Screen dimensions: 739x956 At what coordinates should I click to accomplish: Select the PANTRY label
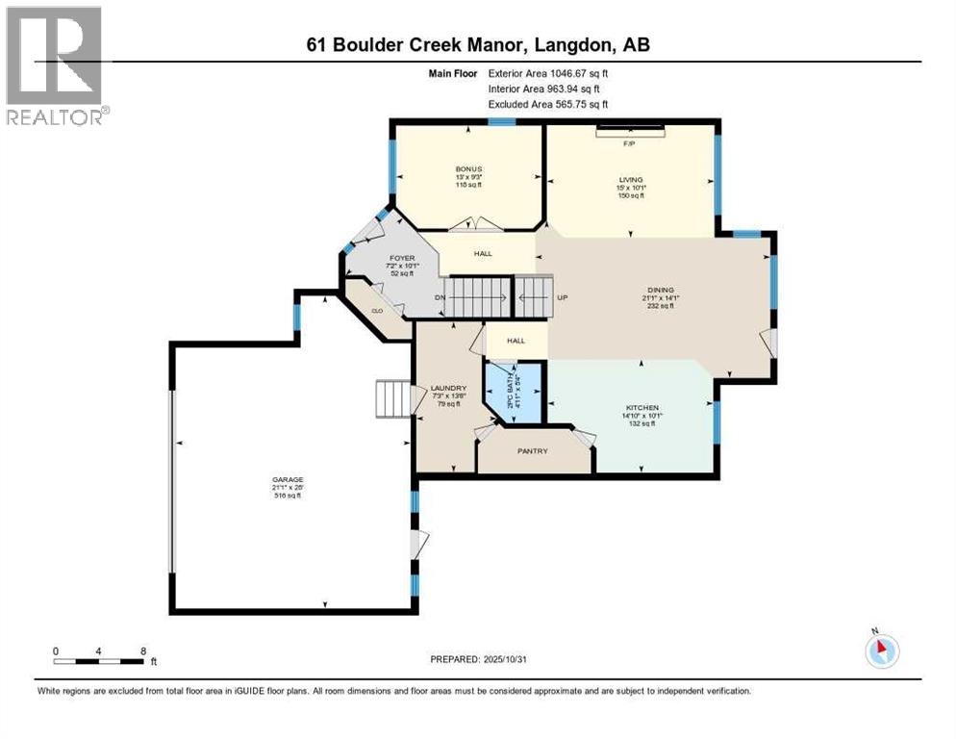533,450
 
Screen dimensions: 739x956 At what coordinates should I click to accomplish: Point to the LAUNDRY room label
448,388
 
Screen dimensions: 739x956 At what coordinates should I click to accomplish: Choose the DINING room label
661,290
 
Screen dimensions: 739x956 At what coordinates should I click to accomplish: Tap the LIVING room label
631,179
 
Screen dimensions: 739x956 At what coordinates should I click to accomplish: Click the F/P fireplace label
630,143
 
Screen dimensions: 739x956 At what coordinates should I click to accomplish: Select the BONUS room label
468,168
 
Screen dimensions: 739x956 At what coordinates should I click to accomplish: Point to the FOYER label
401,258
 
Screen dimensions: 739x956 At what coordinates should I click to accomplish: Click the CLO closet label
378,311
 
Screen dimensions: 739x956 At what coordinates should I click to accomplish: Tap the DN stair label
440,297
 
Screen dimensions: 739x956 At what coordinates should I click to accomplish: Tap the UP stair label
564,297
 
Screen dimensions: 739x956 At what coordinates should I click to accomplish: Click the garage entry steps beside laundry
392,398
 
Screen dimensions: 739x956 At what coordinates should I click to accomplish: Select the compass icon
881,650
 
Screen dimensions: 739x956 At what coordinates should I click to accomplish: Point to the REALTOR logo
57,65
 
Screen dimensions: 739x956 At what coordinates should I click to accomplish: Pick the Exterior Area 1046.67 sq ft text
548,72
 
